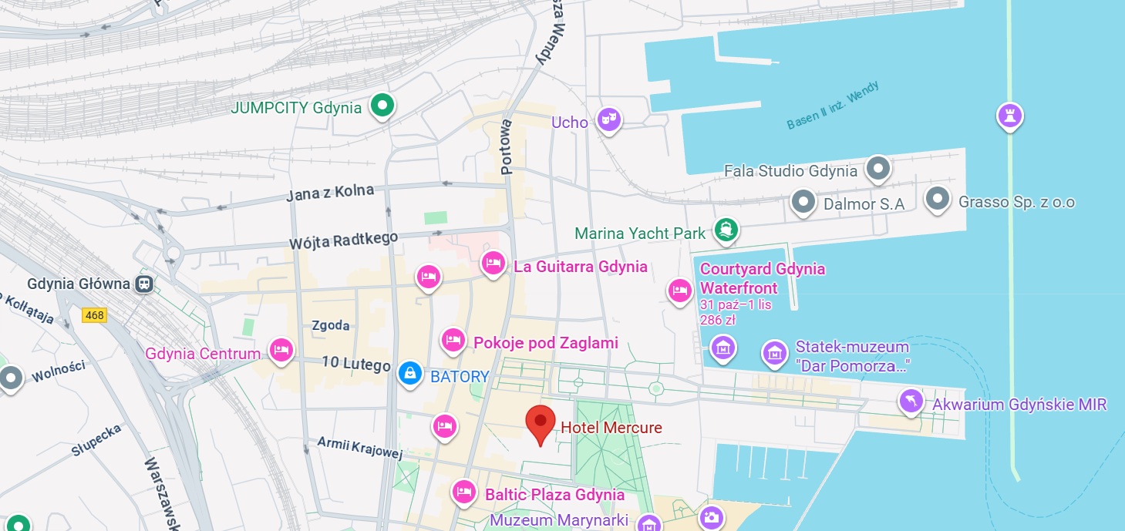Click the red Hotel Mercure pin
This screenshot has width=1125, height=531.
pyautogui.click(x=540, y=422)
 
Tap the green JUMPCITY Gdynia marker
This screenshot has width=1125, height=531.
pyautogui.click(x=381, y=106)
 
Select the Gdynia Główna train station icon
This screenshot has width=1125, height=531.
pyautogui.click(x=144, y=284)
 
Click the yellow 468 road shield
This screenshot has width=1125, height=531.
pyautogui.click(x=95, y=315)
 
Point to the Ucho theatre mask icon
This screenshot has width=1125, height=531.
pyautogui.click(x=609, y=119)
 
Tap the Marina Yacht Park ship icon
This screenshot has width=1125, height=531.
pyautogui.click(x=726, y=230)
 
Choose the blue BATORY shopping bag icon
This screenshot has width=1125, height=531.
pyautogui.click(x=409, y=374)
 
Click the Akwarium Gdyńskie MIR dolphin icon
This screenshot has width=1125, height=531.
pyautogui.click(x=911, y=401)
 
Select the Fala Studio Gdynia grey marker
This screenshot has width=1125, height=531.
pyautogui.click(x=877, y=168)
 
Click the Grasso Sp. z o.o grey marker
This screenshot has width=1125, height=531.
pyautogui.click(x=937, y=199)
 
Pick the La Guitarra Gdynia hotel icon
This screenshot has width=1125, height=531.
pyautogui.click(x=493, y=264)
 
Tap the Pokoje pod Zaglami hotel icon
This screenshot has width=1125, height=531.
pyautogui.click(x=453, y=339)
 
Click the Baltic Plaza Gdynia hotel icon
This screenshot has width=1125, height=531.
pyautogui.click(x=463, y=491)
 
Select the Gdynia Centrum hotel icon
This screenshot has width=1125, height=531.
pyautogui.click(x=281, y=350)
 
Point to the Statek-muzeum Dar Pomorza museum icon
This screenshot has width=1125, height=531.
pyautogui.click(x=774, y=353)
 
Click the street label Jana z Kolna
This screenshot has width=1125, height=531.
pyautogui.click(x=330, y=193)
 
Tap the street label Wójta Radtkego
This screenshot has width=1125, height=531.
pyautogui.click(x=343, y=240)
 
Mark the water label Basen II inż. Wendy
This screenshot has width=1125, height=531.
pyautogui.click(x=833, y=106)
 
